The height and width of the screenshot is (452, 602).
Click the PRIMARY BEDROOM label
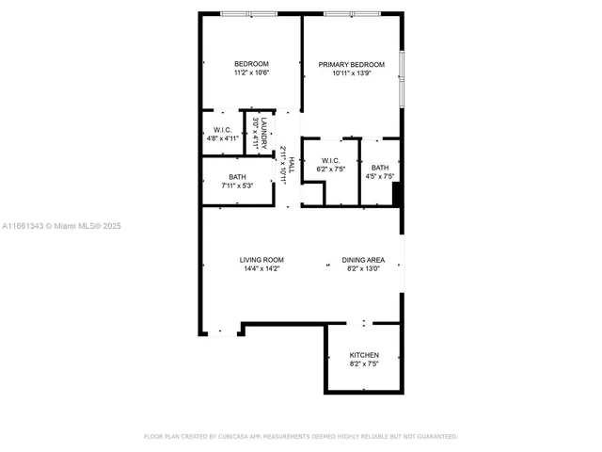click(352, 64)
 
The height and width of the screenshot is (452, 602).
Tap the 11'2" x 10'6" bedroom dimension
click(251, 73)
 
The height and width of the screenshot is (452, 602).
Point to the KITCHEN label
click(364, 355)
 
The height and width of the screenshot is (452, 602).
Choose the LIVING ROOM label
click(261, 260)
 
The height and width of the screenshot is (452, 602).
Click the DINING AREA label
click(363, 260)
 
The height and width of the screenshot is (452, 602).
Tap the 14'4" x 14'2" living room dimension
click(261, 269)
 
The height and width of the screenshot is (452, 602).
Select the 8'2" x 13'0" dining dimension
click(363, 269)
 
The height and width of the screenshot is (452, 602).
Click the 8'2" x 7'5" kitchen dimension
click(364, 364)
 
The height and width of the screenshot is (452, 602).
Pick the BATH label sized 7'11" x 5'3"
click(237, 176)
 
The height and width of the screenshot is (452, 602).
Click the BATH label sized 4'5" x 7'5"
click(379, 167)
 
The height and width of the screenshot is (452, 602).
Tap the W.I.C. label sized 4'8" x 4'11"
click(222, 130)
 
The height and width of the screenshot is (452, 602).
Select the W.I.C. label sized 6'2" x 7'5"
click(330, 160)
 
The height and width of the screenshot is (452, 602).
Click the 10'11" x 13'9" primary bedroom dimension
click(352, 73)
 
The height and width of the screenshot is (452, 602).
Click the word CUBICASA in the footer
click(242, 437)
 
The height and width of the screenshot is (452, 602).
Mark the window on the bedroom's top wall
click(249, 14)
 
